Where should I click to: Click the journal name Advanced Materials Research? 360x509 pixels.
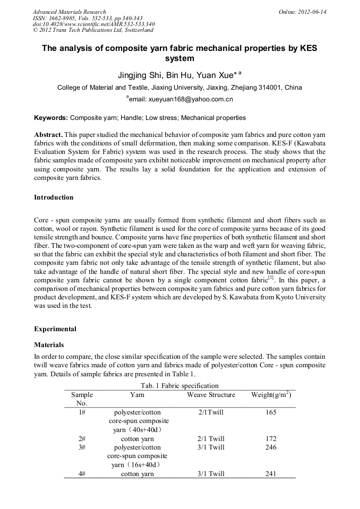click(69, 12)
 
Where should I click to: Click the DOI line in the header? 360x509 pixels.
click(93, 24)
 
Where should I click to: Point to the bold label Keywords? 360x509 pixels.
click(51, 118)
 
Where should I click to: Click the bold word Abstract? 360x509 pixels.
click(49, 135)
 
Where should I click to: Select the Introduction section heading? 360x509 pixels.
click(54, 197)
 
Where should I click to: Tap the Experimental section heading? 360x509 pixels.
click(55, 329)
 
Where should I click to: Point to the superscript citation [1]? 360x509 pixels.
click(271, 277)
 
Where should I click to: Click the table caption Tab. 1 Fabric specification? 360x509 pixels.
click(179, 386)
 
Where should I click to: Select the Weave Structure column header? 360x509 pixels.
click(211, 395)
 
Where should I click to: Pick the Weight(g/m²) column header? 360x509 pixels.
click(271, 395)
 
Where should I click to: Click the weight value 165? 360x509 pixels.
click(270, 412)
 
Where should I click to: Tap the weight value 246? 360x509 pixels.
click(270, 447)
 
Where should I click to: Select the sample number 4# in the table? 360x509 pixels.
click(82, 474)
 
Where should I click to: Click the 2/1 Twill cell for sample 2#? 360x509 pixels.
click(211, 439)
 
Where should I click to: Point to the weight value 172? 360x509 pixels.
click(270, 439)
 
